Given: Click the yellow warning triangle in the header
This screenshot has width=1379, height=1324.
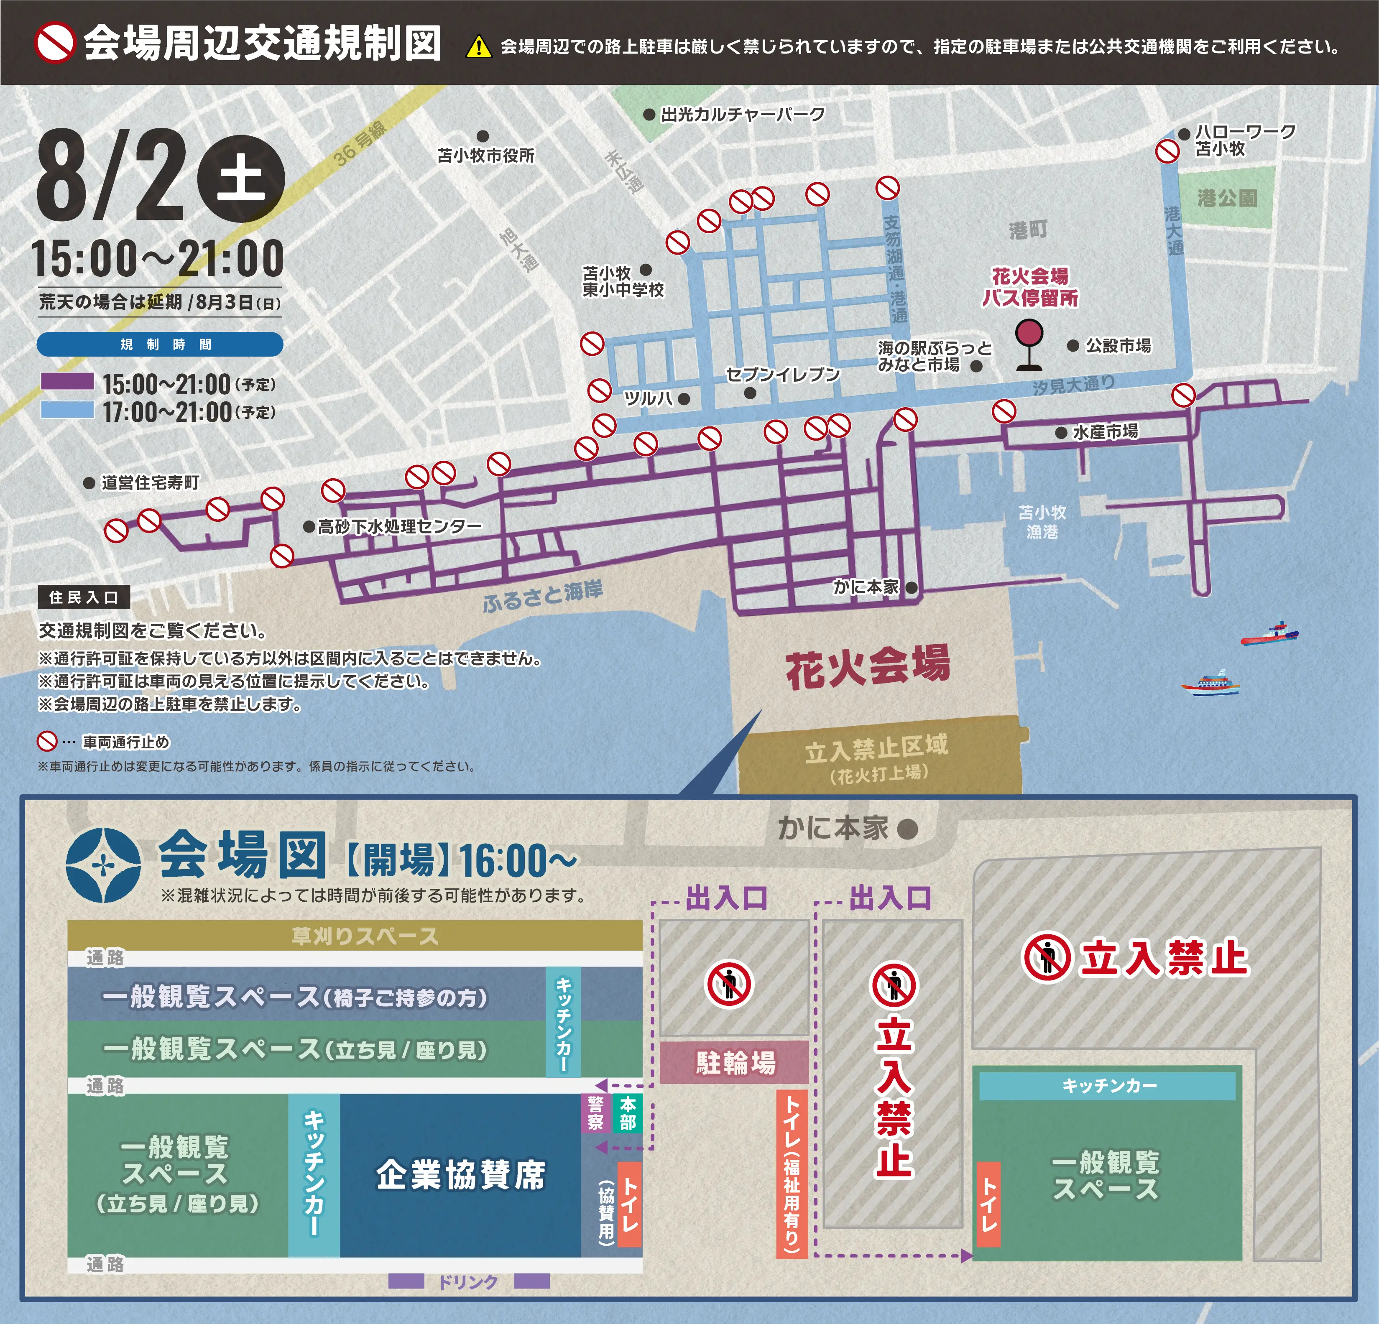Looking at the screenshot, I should (x=478, y=47).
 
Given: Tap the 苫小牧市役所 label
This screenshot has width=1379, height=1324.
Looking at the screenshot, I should (x=485, y=156).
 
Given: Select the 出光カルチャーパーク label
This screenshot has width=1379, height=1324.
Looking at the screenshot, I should (x=742, y=115).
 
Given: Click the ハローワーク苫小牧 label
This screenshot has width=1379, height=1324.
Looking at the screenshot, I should (x=1244, y=140).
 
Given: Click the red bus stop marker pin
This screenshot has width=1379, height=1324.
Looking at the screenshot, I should (x=1029, y=334).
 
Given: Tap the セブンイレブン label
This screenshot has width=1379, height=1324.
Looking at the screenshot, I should (x=782, y=374).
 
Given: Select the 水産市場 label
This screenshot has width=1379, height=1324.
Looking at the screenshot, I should (x=1105, y=431).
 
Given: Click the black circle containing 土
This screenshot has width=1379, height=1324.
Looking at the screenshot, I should (x=240, y=178).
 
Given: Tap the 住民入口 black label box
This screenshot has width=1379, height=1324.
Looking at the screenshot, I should (x=84, y=597).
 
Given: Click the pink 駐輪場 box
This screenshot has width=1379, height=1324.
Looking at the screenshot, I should (x=735, y=1061).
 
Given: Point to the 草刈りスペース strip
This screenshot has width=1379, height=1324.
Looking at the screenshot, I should (x=365, y=936).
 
